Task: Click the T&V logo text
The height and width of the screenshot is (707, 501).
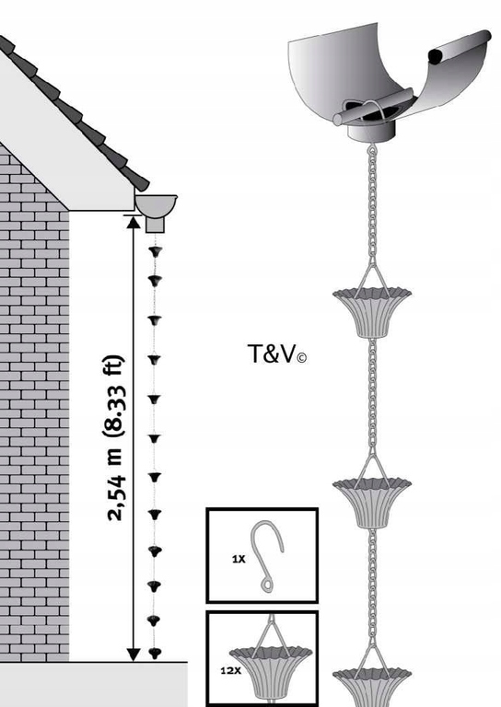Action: pos(277,353)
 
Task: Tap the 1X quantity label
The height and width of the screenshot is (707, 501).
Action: pos(239,559)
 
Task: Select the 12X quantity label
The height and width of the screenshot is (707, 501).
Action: pos(231,670)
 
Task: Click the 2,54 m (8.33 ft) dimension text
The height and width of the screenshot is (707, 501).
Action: pos(114,438)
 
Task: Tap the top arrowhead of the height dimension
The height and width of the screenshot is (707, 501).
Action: pos(133,222)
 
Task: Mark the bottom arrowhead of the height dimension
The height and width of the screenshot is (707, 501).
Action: pos(133,655)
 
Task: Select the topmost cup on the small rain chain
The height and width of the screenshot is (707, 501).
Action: pos(155,251)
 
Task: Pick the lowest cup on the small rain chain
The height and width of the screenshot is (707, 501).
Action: pos(155,653)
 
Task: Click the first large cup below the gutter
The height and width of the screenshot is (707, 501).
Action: pos(372,312)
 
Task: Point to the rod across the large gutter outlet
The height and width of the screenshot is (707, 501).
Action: pos(373,107)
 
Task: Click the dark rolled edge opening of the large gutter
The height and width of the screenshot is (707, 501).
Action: pos(436,56)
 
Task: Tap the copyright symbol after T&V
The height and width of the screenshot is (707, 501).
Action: pos(302,358)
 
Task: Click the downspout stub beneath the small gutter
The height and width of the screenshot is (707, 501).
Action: pos(155,225)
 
